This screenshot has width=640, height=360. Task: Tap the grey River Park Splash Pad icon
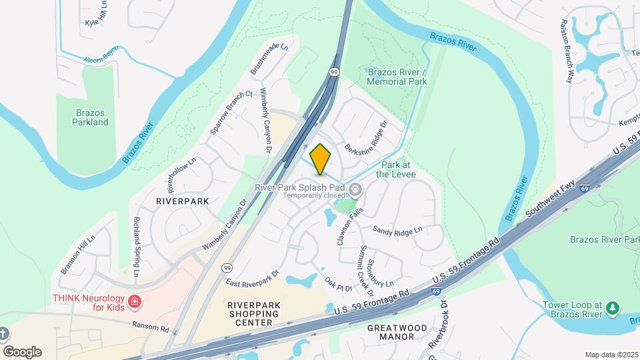[x=355, y=191]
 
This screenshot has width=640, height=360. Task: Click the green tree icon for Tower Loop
[x=613, y=308]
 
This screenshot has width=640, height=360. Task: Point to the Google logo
[x=21, y=351]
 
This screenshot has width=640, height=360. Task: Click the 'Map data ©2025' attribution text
[x=611, y=355]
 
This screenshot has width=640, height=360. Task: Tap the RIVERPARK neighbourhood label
[x=182, y=201]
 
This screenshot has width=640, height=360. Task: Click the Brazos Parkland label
[x=91, y=117]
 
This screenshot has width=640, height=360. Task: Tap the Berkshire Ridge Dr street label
[x=366, y=138]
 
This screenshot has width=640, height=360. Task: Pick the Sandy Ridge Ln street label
[x=398, y=231]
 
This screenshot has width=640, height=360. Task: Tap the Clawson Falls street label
[x=349, y=226]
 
